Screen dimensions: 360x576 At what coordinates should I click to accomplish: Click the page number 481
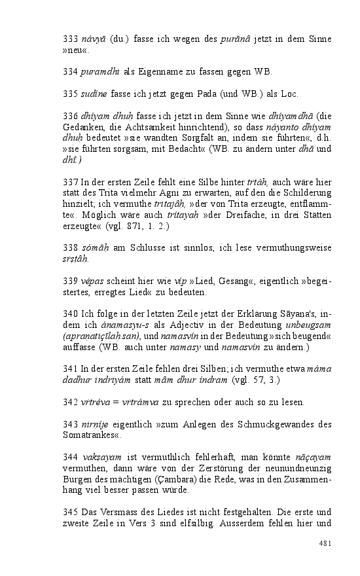[x=325, y=543]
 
